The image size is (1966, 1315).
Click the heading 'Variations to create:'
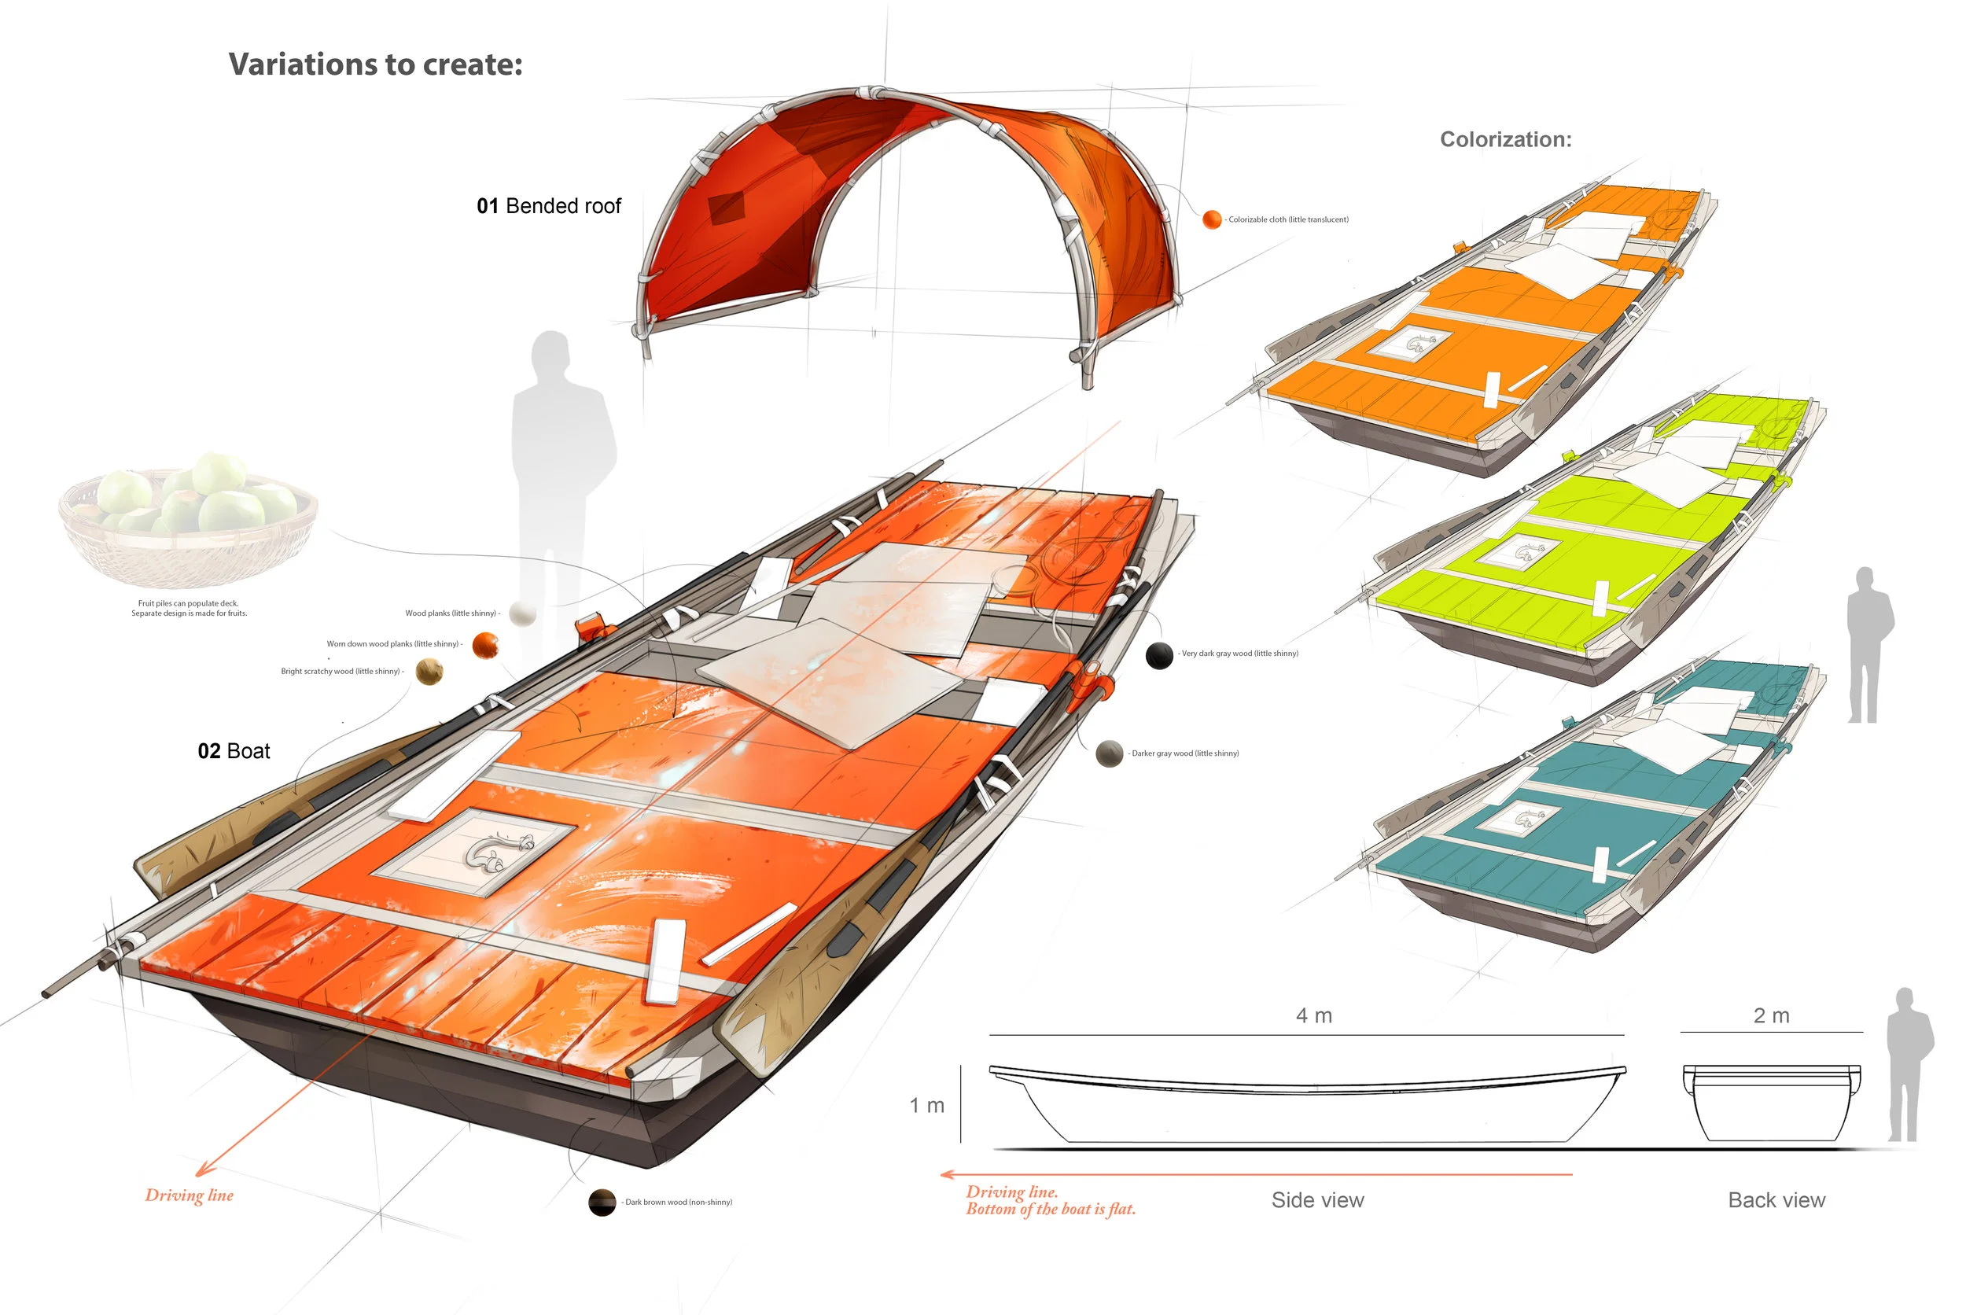click(x=375, y=64)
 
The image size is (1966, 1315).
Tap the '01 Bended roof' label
click(x=548, y=206)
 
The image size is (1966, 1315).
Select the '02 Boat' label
click(x=234, y=751)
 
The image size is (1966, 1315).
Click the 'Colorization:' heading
click(x=1505, y=139)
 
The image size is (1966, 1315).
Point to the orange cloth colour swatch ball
click(x=1212, y=219)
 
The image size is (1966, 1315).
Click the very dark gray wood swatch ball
click(x=1158, y=655)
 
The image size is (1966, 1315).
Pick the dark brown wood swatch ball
click(x=602, y=1202)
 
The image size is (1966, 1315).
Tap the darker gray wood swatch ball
click(x=1109, y=754)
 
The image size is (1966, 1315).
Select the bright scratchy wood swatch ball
click(x=429, y=672)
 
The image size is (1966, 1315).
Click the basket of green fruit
click(x=189, y=520)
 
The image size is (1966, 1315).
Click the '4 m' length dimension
click(x=1314, y=1015)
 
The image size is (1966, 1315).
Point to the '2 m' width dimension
click(x=1771, y=1015)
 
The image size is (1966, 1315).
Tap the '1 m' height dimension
click(x=926, y=1105)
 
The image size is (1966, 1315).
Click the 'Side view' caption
click(x=1317, y=1200)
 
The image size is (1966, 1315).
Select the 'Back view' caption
click(x=1776, y=1200)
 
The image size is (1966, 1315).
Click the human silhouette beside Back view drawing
click(x=1907, y=1065)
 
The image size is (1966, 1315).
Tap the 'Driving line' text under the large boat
click(x=190, y=1195)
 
